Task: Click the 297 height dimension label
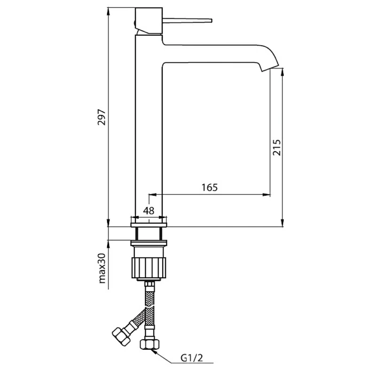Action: point(102,117)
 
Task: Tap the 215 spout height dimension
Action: point(277,147)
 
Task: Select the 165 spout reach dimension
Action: point(210,187)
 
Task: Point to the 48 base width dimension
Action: point(149,211)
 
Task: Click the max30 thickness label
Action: point(102,268)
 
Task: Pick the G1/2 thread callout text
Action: point(192,358)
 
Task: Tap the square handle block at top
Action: point(149,21)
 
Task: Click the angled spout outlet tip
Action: point(270,68)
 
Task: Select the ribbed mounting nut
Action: point(149,268)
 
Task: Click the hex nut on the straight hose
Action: point(149,344)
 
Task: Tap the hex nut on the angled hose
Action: point(121,337)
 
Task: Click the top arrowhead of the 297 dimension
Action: point(109,11)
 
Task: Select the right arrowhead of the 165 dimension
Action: point(266,195)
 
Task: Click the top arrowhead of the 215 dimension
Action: point(283,72)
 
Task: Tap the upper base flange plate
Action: point(149,225)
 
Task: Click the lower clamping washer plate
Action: point(149,243)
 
